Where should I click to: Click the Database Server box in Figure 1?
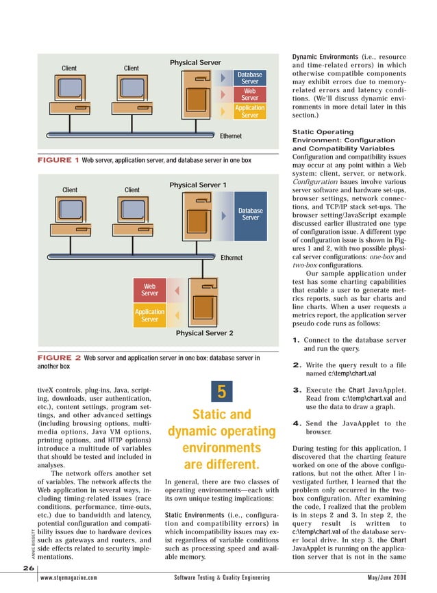point(249,78)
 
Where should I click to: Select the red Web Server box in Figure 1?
point(249,94)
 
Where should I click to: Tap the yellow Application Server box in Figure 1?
point(249,111)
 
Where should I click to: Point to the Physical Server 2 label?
point(204,333)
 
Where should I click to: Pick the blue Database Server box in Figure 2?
point(251,214)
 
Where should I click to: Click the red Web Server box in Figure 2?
point(149,289)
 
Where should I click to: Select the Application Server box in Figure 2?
point(149,315)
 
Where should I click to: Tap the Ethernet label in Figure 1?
point(230,136)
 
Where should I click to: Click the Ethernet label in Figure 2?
point(231,258)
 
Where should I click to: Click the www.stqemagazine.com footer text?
point(68,578)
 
